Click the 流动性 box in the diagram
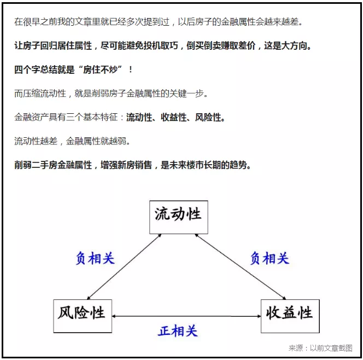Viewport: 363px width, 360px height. coord(178,217)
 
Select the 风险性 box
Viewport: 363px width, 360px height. coord(83,316)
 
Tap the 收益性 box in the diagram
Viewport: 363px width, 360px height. coord(290,316)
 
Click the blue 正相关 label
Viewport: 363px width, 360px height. coord(178,330)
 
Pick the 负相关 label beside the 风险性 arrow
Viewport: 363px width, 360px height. coord(95,258)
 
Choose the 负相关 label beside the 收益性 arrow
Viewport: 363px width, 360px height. coord(270,258)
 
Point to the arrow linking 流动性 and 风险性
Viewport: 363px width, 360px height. coord(124,266)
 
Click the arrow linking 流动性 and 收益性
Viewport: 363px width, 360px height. coord(241,266)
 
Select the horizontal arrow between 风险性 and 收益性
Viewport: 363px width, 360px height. coord(186,316)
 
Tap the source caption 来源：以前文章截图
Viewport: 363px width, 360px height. coord(320,348)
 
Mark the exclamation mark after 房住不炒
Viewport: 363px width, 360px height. coord(131,69)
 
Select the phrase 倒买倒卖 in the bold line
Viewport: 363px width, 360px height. coord(203,45)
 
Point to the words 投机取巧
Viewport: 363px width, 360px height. coord(161,45)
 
